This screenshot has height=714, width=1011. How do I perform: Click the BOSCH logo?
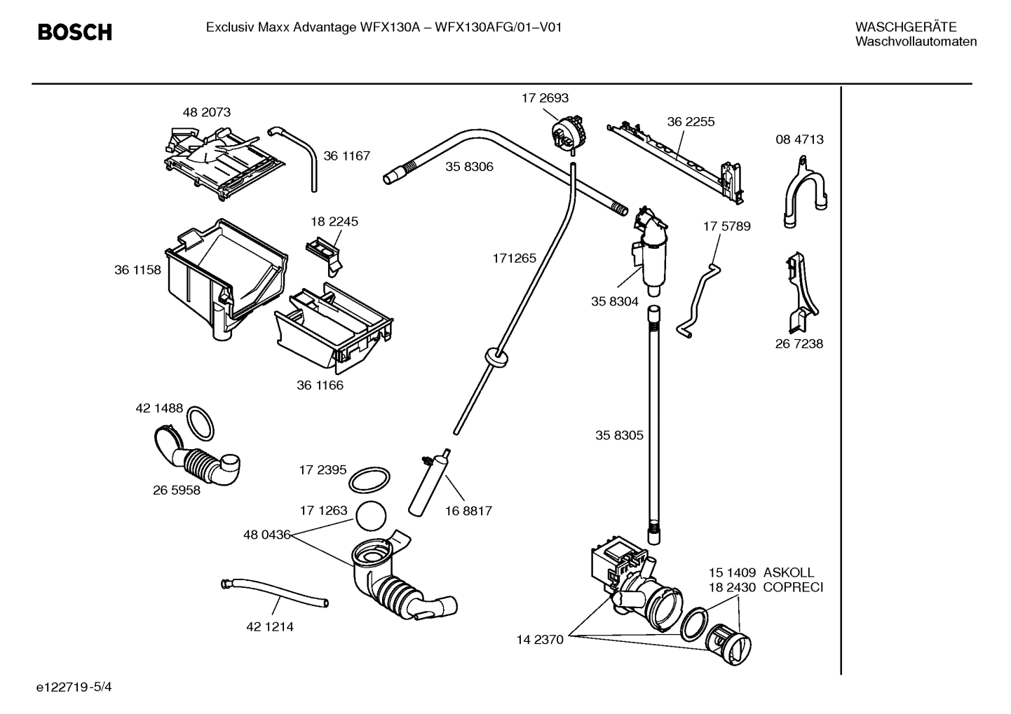coord(74,32)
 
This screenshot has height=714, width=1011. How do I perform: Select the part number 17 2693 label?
coord(544,98)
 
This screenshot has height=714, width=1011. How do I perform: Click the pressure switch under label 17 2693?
coord(568,132)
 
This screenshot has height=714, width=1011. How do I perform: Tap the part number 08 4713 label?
coord(799,139)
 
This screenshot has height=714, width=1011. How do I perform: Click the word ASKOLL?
coord(789,572)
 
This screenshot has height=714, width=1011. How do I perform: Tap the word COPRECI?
coord(792,587)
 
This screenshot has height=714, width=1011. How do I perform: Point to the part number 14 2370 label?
coord(540,640)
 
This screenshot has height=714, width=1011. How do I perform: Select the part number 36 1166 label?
coord(320,385)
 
